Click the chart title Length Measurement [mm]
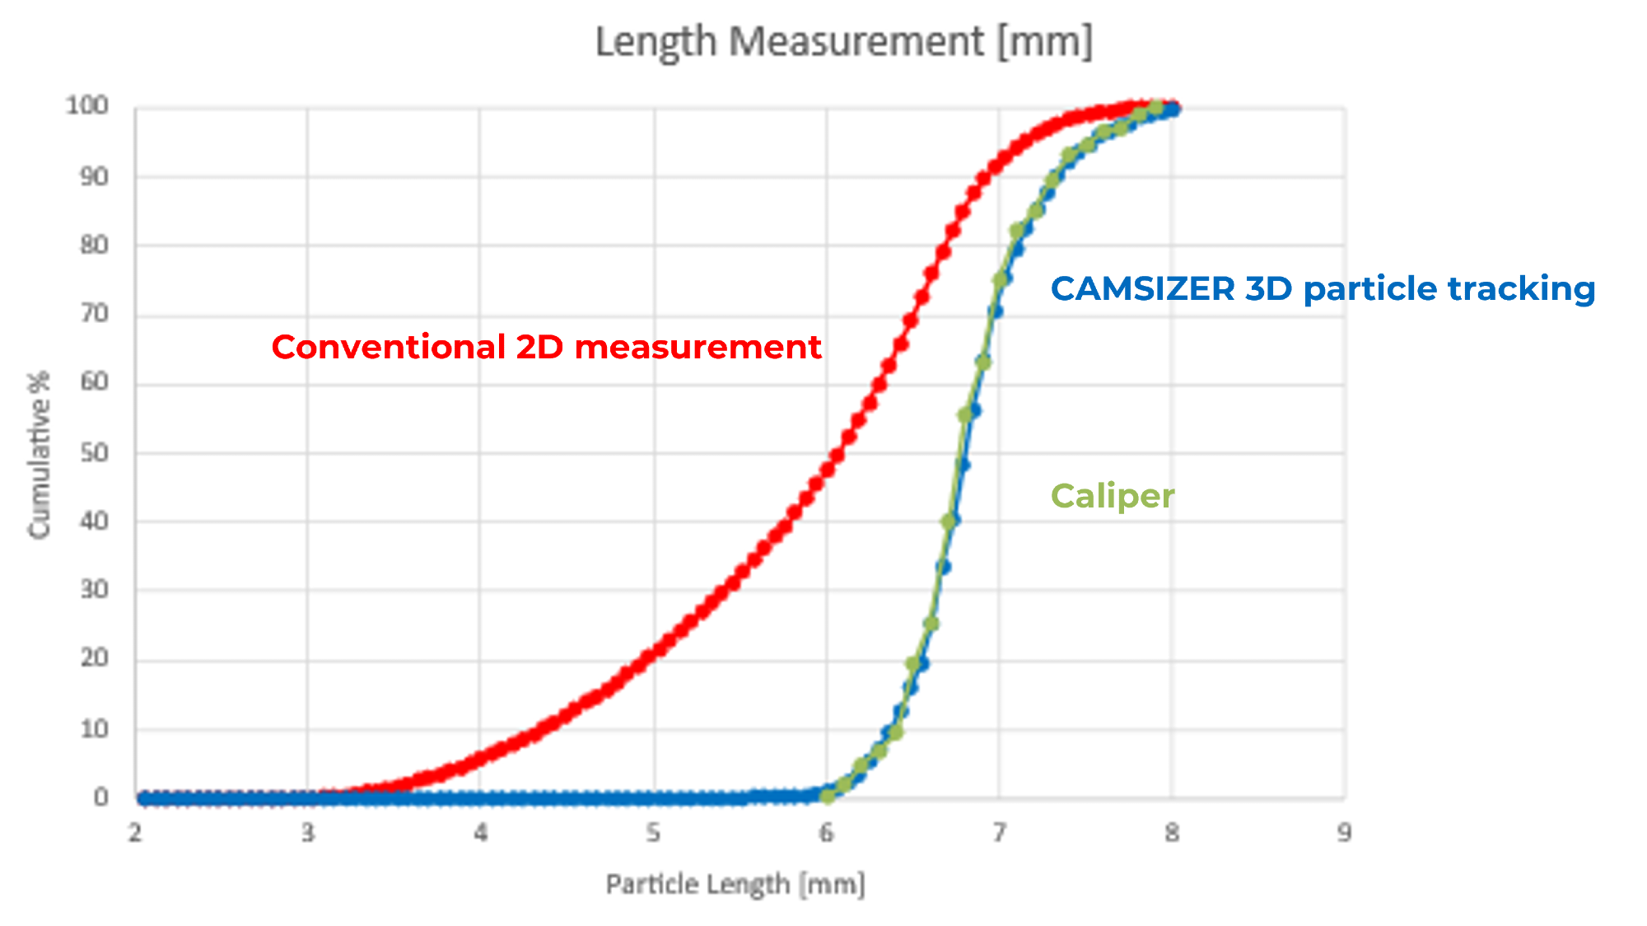click(x=844, y=42)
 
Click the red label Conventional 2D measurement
click(x=546, y=348)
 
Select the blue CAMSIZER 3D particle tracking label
click(x=1323, y=289)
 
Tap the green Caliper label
click(x=1113, y=496)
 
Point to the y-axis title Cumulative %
click(x=40, y=455)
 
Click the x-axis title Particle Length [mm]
click(x=735, y=884)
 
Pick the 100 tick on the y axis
click(x=87, y=105)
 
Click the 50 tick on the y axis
click(x=94, y=453)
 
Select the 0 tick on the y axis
click(x=100, y=797)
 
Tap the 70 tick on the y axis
click(x=94, y=314)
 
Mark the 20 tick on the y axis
click(x=94, y=658)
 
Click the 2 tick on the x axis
click(x=135, y=833)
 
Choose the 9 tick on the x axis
click(x=1344, y=833)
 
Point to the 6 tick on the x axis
click(x=826, y=833)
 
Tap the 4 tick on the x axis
click(x=481, y=833)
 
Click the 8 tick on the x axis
click(x=1172, y=833)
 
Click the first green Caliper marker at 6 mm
click(x=828, y=795)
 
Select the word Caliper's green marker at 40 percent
click(x=949, y=521)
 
